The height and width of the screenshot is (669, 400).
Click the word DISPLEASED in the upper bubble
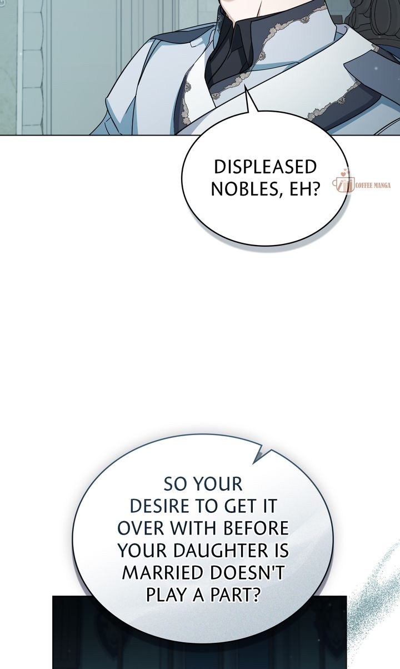[265, 167]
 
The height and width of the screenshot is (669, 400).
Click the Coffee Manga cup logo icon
[344, 183]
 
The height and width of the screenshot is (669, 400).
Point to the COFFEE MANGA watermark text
[373, 186]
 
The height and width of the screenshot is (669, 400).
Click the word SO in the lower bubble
[177, 484]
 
